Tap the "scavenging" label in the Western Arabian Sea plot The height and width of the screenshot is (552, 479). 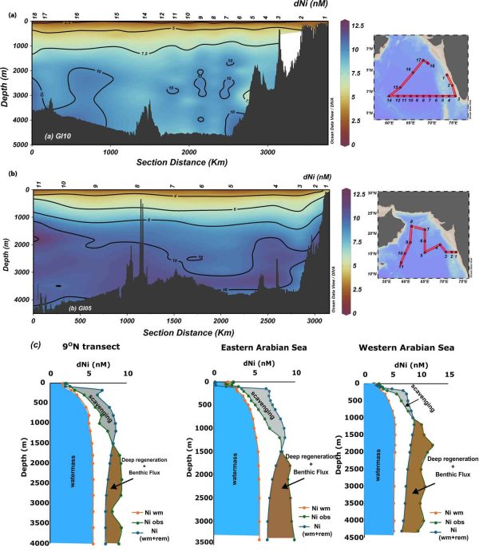coord(422,397)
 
